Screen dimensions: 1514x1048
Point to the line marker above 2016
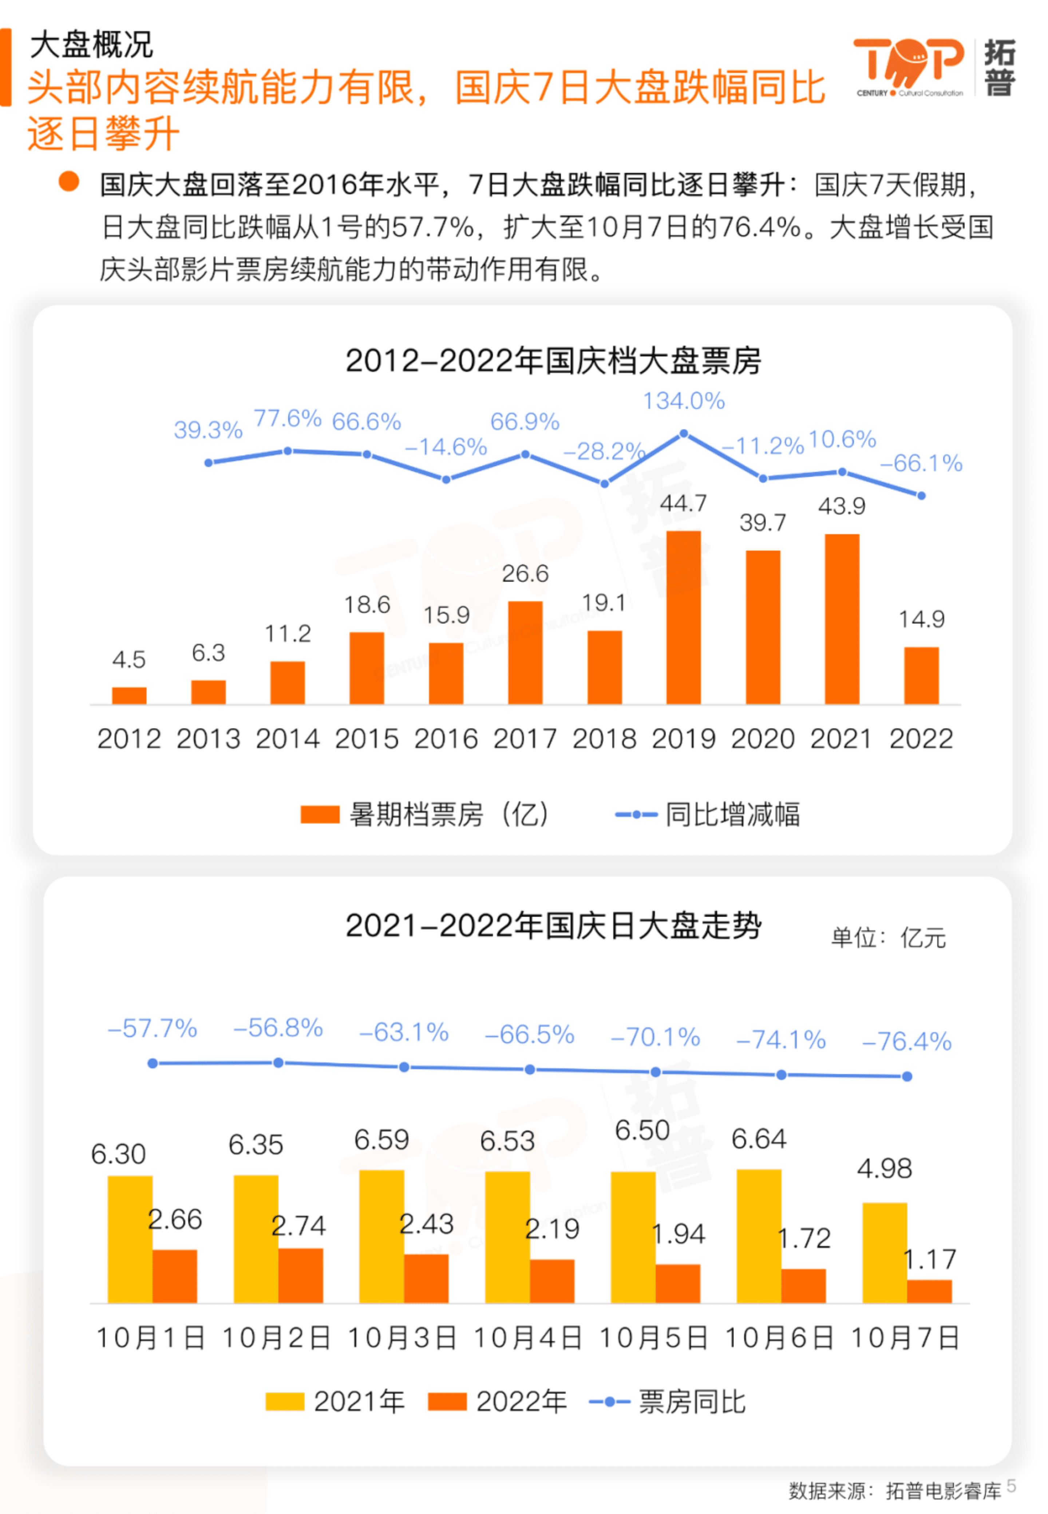[x=446, y=480]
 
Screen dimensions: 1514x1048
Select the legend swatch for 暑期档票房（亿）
[x=319, y=814]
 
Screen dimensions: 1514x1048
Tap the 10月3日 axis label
[x=402, y=1337]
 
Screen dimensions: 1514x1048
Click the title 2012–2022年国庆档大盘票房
[x=553, y=361]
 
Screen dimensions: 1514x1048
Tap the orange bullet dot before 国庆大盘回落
[x=69, y=182]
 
